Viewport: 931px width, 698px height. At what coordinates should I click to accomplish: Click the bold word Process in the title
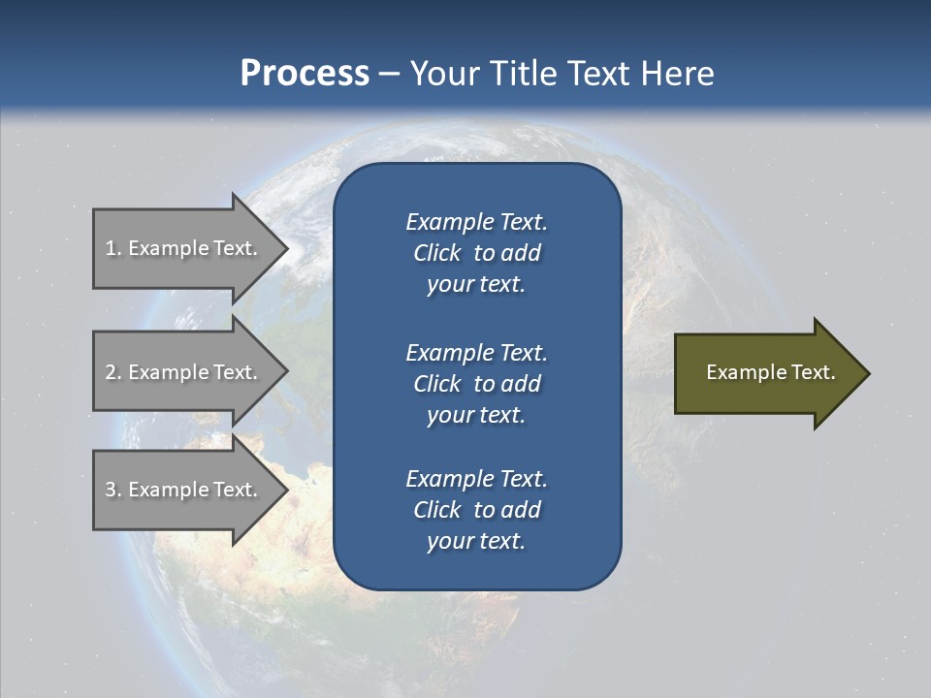(305, 73)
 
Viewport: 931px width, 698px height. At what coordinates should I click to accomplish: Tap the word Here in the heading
(676, 74)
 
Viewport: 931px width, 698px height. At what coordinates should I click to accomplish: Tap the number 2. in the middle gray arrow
(112, 372)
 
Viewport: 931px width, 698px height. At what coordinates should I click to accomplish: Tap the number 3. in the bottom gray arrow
(112, 490)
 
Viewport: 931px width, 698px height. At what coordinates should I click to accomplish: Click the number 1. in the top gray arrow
(112, 248)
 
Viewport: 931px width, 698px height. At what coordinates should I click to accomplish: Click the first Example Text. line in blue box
(476, 222)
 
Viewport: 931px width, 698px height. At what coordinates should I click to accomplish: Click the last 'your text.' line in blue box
(476, 541)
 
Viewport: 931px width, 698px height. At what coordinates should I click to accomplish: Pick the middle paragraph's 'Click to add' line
(476, 384)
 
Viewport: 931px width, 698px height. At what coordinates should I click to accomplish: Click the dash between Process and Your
(389, 74)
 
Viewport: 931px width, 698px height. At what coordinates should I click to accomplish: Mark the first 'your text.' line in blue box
(476, 285)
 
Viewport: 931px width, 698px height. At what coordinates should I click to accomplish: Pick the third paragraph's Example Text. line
(476, 479)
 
